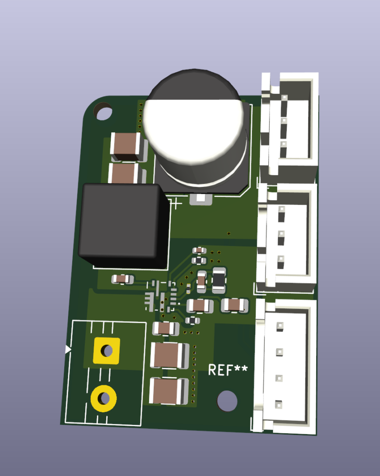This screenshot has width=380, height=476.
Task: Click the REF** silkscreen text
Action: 228,370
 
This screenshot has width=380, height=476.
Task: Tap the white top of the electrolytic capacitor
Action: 193,131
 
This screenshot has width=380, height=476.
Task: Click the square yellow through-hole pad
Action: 106,350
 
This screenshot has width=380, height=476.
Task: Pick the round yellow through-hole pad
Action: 103,398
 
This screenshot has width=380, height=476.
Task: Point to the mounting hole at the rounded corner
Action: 102,111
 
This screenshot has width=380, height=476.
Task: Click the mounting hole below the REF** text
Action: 227,401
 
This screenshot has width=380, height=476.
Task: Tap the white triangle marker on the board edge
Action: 68,350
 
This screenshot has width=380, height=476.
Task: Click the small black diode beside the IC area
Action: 218,280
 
